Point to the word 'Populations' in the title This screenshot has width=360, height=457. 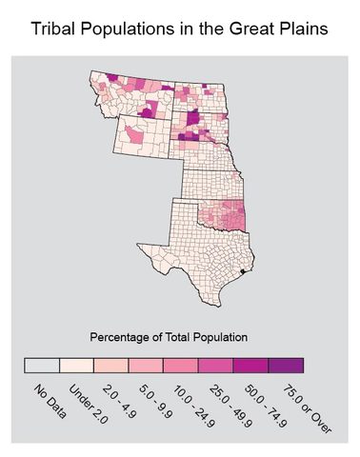133,30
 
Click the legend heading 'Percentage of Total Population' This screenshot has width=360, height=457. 168,337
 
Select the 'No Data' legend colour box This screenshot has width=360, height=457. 42,365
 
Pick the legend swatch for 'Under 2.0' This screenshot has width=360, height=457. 76,365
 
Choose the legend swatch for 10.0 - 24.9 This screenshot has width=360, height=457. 181,365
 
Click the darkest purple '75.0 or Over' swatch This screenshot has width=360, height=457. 286,365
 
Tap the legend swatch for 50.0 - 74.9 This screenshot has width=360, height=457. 250,365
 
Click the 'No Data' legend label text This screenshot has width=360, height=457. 49,400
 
